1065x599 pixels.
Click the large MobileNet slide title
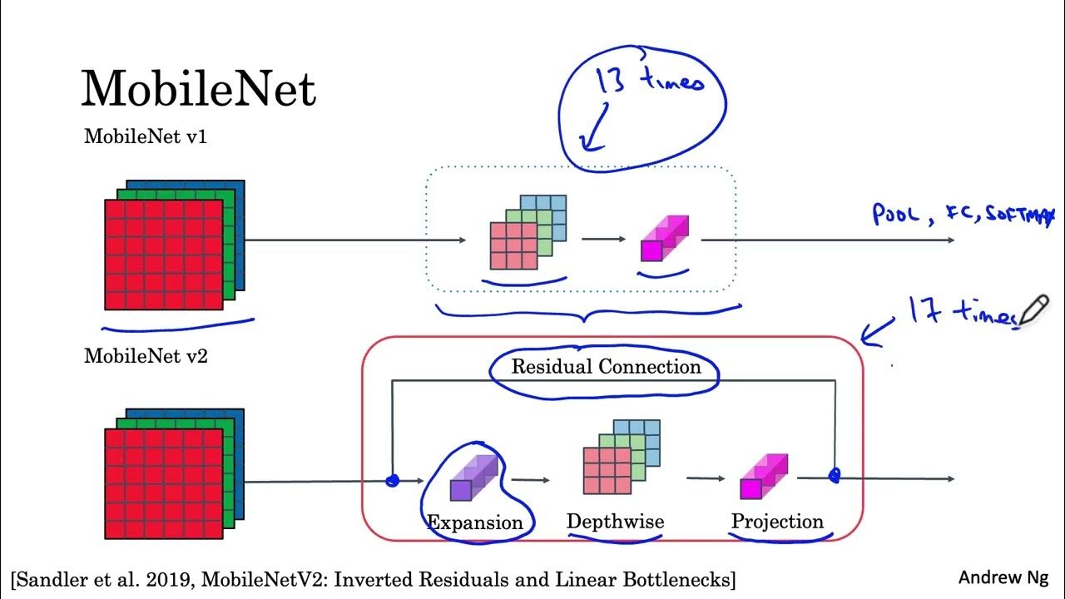click(198, 87)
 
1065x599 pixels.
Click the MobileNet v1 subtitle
click(146, 137)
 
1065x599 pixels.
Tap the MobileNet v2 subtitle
click(146, 357)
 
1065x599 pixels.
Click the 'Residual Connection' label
click(606, 367)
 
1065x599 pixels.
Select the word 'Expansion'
click(474, 522)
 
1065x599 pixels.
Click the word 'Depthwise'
click(615, 522)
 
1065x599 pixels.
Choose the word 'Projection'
click(777, 522)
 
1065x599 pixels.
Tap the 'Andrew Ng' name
click(1003, 577)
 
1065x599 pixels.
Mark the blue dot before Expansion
click(394, 480)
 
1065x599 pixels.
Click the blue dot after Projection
click(835, 475)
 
